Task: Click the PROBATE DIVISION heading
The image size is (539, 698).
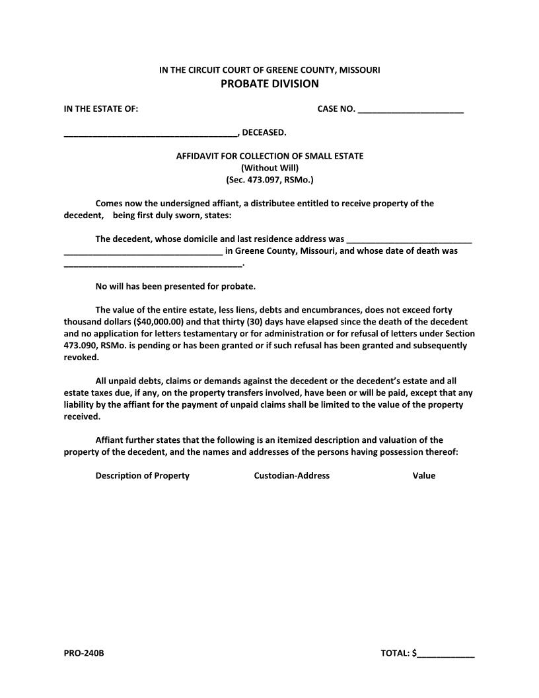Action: (269, 83)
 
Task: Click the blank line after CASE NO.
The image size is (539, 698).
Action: (410, 110)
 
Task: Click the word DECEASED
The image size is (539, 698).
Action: (264, 132)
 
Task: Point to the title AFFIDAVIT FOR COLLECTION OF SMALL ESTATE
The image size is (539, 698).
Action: (269, 156)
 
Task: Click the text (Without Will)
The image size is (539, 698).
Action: (269, 167)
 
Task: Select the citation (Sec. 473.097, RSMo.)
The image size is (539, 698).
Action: (269, 179)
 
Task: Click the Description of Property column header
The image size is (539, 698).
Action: (143, 475)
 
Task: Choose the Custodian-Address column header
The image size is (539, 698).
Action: (291, 475)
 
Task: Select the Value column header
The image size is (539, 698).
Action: (424, 475)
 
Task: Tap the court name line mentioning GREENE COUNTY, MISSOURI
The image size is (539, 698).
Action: (269, 69)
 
